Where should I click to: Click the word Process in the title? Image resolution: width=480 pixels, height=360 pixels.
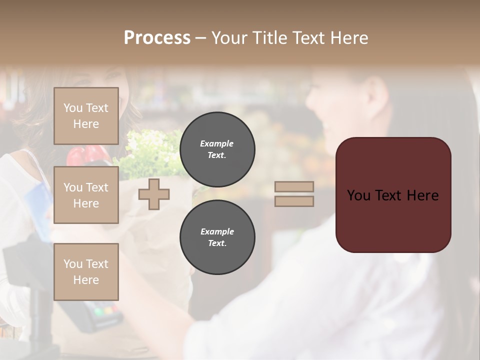click(157, 38)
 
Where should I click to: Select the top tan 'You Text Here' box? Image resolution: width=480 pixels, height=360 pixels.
click(86, 116)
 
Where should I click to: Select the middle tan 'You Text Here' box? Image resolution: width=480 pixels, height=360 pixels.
click(86, 195)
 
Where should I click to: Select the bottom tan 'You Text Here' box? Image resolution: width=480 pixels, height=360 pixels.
click(86, 271)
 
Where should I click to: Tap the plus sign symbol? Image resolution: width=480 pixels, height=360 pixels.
click(154, 194)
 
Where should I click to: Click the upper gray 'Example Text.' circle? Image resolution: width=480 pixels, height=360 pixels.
click(217, 149)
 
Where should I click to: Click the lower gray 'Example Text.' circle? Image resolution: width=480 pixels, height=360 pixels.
click(217, 237)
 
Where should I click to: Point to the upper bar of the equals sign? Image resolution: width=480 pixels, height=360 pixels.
click(294, 187)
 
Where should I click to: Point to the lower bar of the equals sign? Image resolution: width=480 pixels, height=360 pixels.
click(294, 201)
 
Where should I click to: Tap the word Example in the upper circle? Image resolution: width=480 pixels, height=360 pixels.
click(216, 144)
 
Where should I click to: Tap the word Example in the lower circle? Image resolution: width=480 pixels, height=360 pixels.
click(217, 232)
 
